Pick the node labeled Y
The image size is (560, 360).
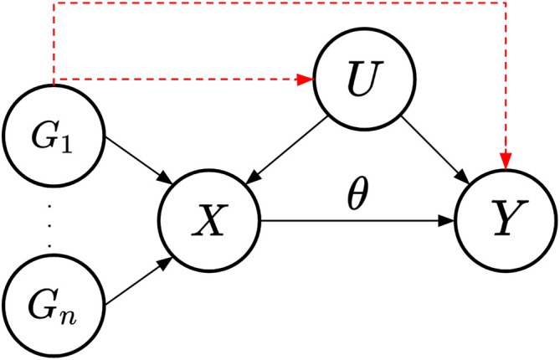coord(504,222)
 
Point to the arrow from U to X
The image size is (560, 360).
coord(289,149)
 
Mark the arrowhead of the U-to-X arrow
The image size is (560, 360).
coord(254,178)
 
